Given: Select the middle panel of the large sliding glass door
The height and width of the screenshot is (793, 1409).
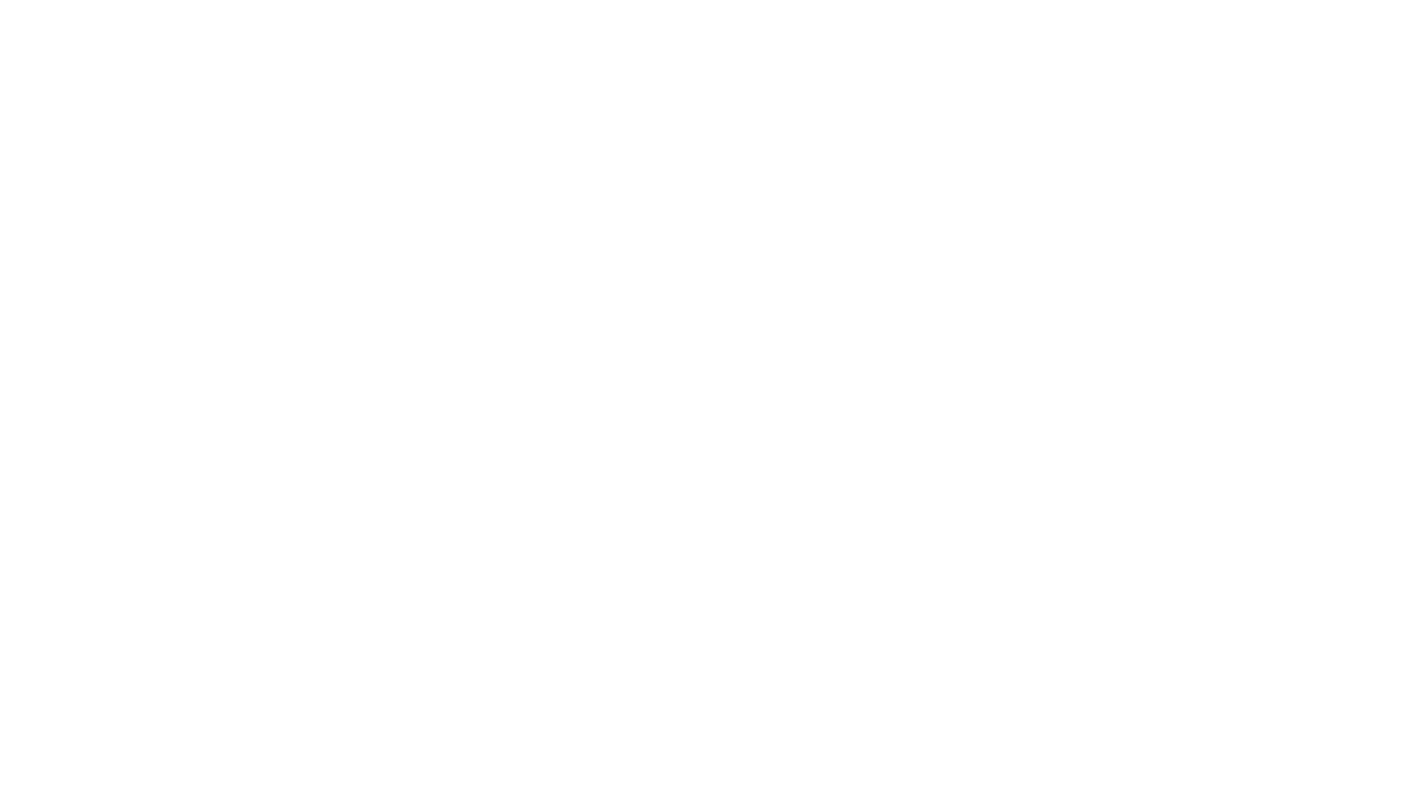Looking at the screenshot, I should click(881, 411).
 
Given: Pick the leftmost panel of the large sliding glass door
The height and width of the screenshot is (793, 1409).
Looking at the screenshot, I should click(816, 411).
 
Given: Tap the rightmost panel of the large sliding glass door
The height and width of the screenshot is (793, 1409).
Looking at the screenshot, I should click(944, 411).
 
